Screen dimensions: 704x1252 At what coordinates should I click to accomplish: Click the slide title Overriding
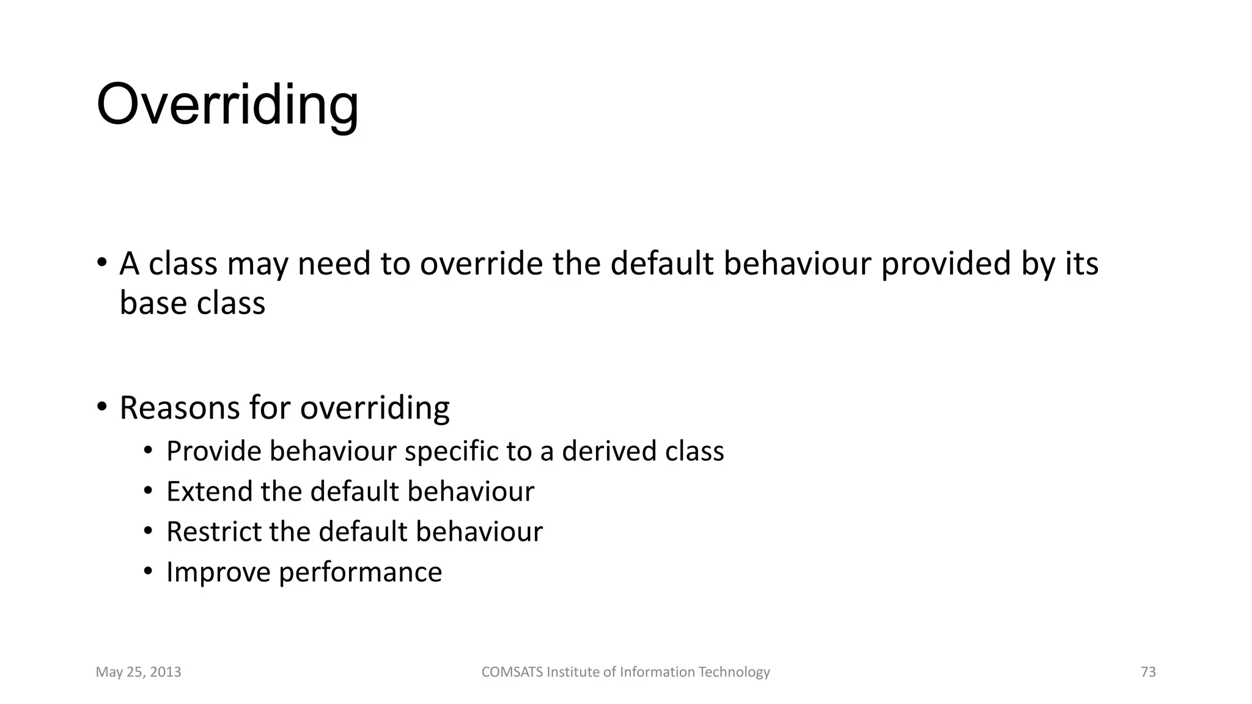click(x=227, y=105)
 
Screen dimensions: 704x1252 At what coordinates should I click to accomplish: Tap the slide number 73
click(x=1148, y=672)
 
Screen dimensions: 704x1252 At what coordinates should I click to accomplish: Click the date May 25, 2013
click(x=139, y=672)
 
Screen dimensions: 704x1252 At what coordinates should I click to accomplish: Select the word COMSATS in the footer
click(x=512, y=672)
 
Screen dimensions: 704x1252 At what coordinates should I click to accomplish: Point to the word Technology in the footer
click(x=734, y=672)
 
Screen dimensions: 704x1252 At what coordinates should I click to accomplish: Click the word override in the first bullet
click(x=481, y=264)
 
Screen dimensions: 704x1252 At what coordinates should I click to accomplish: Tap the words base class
click(x=193, y=303)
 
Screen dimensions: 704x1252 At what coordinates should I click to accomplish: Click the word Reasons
click(x=179, y=408)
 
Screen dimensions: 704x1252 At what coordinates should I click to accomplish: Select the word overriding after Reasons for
click(x=375, y=408)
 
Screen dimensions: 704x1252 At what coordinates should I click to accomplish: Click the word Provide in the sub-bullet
click(x=213, y=452)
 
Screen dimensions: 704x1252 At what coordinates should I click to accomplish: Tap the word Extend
click(x=208, y=492)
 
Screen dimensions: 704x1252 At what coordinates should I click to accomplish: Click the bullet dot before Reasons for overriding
click(x=102, y=407)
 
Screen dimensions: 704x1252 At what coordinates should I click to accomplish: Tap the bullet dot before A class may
click(x=102, y=263)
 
